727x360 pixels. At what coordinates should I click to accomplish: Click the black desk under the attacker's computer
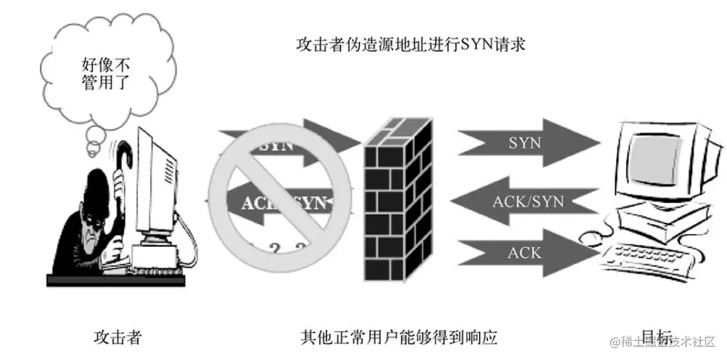[115, 280]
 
